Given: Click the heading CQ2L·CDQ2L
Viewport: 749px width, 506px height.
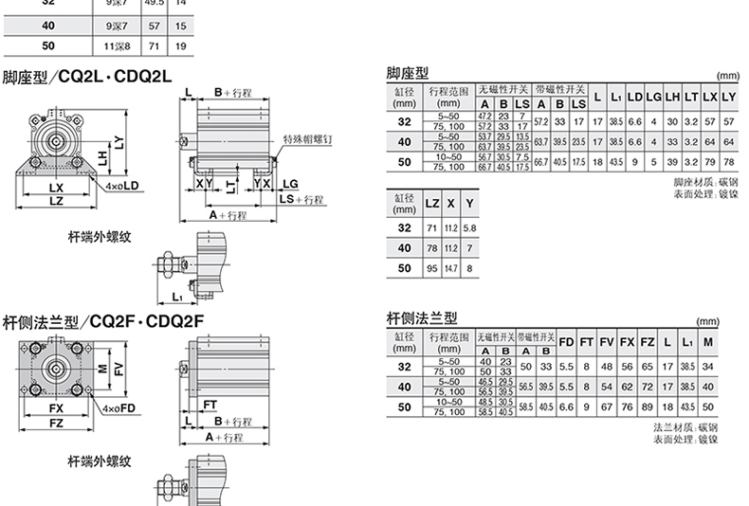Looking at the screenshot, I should [x=114, y=77].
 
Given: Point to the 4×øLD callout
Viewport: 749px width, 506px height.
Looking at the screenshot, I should [x=124, y=186].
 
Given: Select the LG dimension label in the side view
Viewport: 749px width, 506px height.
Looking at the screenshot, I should [x=289, y=181].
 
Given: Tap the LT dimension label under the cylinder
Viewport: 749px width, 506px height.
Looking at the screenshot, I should [x=232, y=181].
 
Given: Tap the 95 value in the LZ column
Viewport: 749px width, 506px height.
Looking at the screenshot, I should [x=431, y=268].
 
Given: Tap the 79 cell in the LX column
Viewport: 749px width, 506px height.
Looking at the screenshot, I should [x=710, y=162].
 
